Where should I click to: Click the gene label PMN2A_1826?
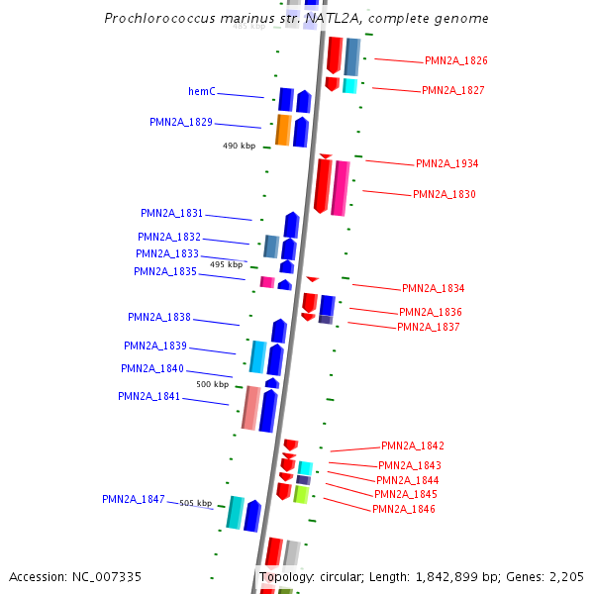pos(455,61)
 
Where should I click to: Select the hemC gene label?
pos(202,92)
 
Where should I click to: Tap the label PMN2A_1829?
pos(181,123)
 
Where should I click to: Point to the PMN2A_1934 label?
pos(446,164)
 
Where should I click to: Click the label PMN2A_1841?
pos(149,397)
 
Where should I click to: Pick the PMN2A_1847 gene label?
pos(133,500)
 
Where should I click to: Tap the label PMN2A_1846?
pos(403,510)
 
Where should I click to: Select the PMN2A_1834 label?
pos(433,289)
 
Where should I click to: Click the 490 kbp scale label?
pos(239,146)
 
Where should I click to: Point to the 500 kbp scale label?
pos(212,384)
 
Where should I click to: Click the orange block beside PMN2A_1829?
pos(283,130)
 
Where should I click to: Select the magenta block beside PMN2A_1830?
pos(341,188)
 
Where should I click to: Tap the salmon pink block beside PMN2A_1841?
pos(251,408)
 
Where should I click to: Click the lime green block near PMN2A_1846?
pos(301,494)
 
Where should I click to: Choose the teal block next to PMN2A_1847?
pos(236,513)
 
